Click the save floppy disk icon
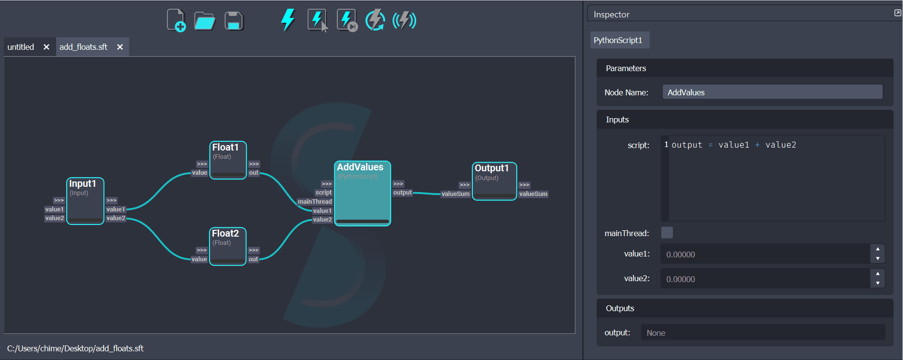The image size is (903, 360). [234, 21]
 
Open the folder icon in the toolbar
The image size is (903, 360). [204, 21]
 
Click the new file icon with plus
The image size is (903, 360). [176, 21]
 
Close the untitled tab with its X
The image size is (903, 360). [46, 47]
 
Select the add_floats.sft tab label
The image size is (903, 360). [83, 47]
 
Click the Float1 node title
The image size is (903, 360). [226, 147]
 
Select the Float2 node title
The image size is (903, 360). [226, 233]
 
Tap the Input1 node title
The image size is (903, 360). [83, 183]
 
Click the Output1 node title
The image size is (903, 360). [492, 168]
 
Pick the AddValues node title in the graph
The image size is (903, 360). [360, 167]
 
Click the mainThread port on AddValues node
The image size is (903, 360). [315, 202]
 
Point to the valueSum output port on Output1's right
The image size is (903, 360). [533, 194]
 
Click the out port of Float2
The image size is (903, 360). [254, 259]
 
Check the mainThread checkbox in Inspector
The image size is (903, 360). [667, 233]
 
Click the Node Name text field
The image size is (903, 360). [772, 92]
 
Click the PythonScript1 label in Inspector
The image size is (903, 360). [618, 40]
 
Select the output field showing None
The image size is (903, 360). [763, 333]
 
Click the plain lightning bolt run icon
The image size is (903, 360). [288, 20]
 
